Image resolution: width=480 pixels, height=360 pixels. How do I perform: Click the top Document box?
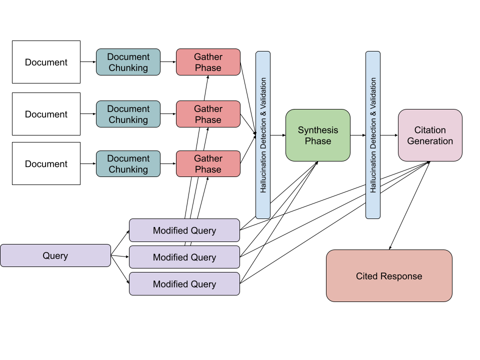(x=46, y=62)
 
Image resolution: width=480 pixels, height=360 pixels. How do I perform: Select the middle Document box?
(x=46, y=114)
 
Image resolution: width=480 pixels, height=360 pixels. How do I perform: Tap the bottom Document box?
(x=46, y=163)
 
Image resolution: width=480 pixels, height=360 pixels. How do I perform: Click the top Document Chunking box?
(x=128, y=62)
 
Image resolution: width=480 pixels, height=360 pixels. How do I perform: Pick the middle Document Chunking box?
(x=128, y=114)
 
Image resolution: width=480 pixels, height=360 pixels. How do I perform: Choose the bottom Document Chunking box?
(x=128, y=163)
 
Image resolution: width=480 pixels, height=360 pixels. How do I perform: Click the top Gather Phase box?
(x=208, y=62)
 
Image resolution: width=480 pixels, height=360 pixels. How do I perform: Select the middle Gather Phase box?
(x=208, y=114)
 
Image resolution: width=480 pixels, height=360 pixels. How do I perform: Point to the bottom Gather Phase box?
(x=208, y=163)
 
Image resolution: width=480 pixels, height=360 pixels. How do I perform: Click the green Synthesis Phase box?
(x=318, y=135)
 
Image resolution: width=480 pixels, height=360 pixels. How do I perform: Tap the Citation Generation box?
(x=430, y=135)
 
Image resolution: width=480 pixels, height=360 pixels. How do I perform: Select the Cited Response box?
(x=389, y=276)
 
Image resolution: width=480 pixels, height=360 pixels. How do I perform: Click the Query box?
(x=55, y=255)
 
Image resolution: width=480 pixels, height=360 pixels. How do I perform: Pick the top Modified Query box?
(x=184, y=230)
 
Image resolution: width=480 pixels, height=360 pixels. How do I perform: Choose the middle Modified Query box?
(x=184, y=257)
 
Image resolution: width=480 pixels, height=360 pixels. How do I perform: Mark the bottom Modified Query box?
(x=184, y=284)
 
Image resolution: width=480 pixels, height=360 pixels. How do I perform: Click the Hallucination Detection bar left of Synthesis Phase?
(x=263, y=135)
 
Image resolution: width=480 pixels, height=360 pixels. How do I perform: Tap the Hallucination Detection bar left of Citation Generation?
(x=373, y=135)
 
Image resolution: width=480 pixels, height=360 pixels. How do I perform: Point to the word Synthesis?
(x=318, y=130)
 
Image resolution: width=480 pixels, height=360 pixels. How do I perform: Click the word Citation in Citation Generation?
(x=430, y=130)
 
